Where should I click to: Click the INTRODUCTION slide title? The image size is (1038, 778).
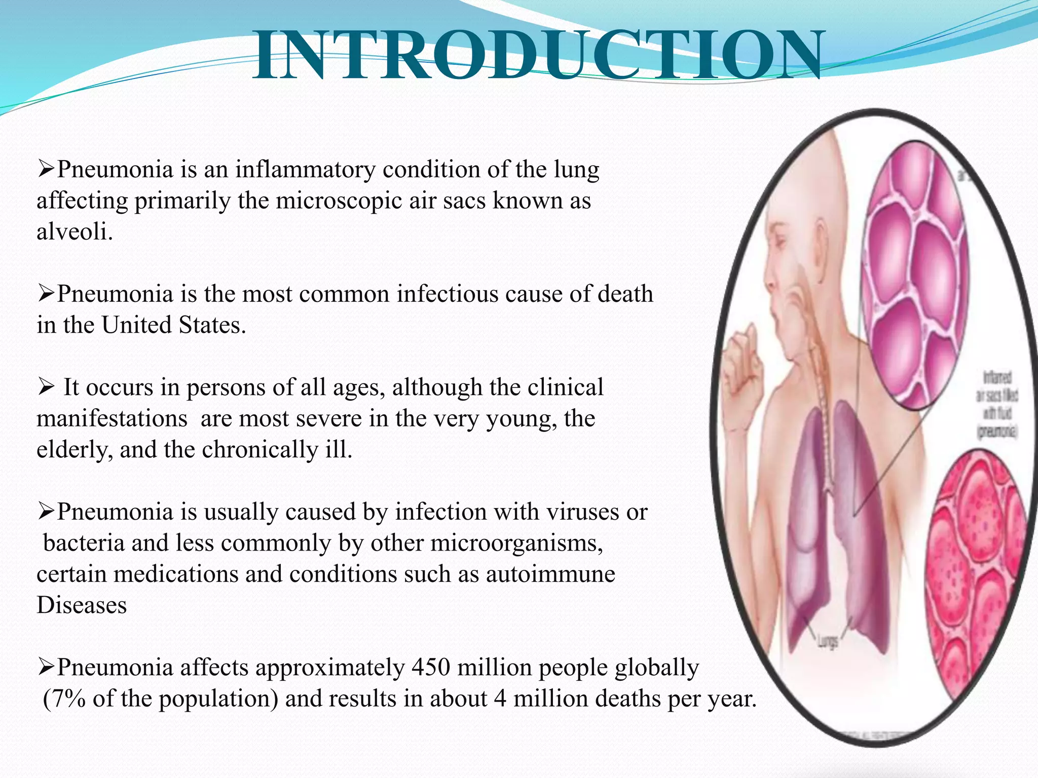click(x=537, y=56)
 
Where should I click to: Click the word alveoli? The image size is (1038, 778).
click(x=74, y=232)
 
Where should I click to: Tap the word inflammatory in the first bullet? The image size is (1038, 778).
click(x=305, y=170)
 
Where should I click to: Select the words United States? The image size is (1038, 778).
click(x=173, y=325)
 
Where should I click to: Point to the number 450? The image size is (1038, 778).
click(x=431, y=668)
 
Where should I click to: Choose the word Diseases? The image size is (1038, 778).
click(x=82, y=605)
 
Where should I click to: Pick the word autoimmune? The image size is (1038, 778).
click(x=550, y=574)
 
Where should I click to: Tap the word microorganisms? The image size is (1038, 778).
click(x=516, y=543)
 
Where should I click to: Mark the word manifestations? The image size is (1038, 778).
click(x=112, y=419)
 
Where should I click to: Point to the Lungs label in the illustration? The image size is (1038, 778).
click(x=827, y=642)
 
